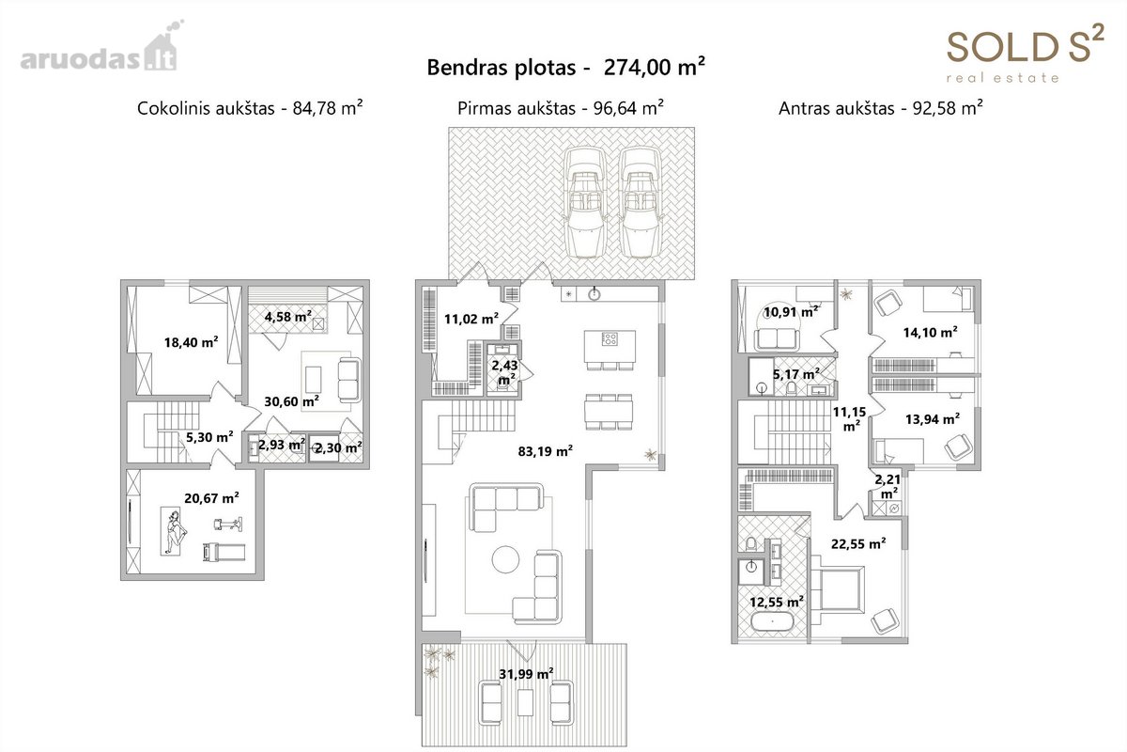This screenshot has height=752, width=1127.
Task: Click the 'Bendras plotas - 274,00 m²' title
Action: click(x=565, y=68)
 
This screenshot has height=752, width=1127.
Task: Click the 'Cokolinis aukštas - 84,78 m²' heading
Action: click(x=250, y=108)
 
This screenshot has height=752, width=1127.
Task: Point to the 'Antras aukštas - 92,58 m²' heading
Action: click(x=881, y=108)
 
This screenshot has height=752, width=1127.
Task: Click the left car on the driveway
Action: click(x=584, y=202)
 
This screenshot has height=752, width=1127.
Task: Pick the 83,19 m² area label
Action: click(x=546, y=451)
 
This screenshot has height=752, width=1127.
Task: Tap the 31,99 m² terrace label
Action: click(x=526, y=673)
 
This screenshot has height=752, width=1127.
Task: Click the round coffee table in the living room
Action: click(x=505, y=559)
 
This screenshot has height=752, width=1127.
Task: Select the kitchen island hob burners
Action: click(x=610, y=339)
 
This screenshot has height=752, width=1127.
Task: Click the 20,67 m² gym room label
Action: click(x=211, y=498)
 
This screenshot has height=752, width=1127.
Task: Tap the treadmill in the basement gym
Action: click(x=224, y=552)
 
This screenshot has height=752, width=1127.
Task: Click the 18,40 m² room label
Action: click(x=192, y=342)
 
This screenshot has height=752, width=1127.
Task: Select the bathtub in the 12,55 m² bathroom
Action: click(x=772, y=622)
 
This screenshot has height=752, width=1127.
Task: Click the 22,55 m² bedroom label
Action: click(x=858, y=544)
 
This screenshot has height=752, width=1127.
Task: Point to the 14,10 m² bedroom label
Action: click(x=931, y=333)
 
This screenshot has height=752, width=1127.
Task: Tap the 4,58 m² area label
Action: click(x=288, y=317)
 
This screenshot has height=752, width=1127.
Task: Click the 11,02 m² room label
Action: click(x=471, y=319)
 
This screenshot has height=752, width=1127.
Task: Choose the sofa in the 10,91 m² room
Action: click(x=777, y=339)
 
